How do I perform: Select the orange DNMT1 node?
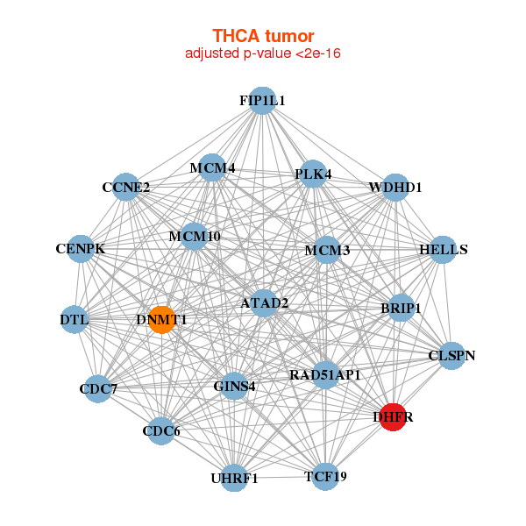pos(161,320)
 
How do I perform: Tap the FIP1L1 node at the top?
pos(262,101)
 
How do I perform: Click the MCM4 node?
pos(213,167)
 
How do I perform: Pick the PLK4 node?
pos(313,174)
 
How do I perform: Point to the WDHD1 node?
pos(395,187)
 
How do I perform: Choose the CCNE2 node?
pos(126,187)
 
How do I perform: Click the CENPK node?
pos(81,249)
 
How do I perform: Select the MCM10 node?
pos(195,236)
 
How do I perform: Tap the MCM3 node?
pos(327,251)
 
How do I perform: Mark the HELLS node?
pos(444,250)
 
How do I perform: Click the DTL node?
pos(75,319)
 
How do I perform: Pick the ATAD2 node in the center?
pos(265,303)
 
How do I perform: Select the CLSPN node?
pos(451,355)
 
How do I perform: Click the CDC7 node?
pos(97,388)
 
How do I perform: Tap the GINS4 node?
pos(234,386)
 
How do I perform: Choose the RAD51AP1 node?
pos(325,375)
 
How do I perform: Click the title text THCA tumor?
pos(263,36)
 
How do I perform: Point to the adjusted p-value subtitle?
pos(263,53)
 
